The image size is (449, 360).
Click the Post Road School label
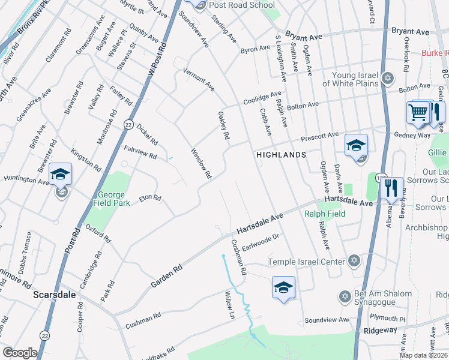pos(243,5)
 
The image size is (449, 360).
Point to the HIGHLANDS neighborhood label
pos(281,154)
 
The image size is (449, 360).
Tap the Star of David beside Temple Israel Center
pos(354,261)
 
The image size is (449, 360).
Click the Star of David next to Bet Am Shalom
pos(344,296)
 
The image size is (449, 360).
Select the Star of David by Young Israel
pos(388,78)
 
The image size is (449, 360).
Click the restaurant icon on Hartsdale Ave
pos(391,188)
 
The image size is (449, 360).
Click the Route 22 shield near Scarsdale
pos(44,337)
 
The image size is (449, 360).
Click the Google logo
pos(20,353)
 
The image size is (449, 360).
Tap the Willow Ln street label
pos(229,304)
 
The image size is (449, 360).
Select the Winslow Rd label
pos(201,163)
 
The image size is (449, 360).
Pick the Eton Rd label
pos(150,198)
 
